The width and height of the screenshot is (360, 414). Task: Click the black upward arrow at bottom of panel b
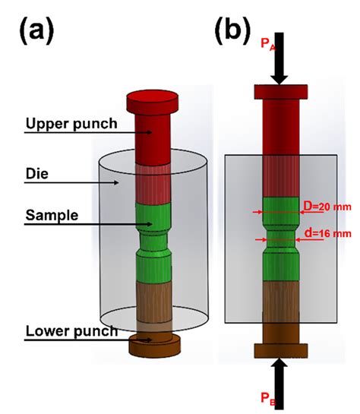[x=280, y=376]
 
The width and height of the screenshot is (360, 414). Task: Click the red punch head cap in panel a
[x=152, y=99]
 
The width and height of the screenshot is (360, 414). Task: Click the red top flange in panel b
[x=280, y=91]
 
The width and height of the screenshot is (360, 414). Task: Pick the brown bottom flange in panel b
[x=280, y=349]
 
